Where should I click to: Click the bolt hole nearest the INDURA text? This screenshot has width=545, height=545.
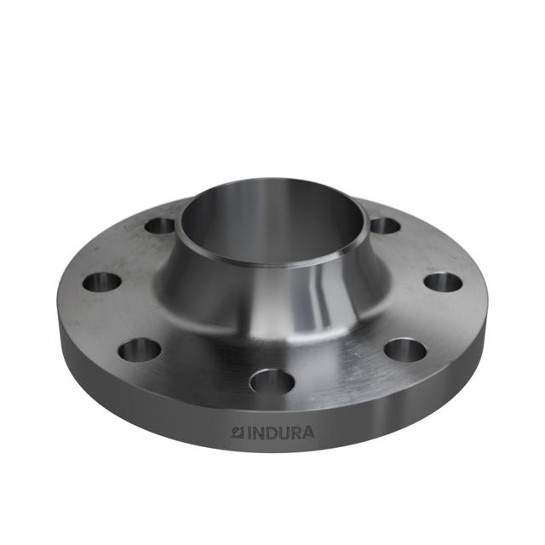[272, 381]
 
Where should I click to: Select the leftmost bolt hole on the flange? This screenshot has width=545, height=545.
[101, 282]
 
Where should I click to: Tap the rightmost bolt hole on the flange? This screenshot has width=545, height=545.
[443, 282]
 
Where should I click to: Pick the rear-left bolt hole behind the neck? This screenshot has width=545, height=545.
[159, 226]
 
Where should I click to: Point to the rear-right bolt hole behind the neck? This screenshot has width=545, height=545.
[385, 226]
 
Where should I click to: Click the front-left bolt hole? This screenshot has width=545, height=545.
[139, 348]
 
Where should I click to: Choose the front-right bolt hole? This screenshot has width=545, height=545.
[404, 349]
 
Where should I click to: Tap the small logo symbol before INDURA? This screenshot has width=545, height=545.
[238, 432]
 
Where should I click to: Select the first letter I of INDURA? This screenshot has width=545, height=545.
[249, 432]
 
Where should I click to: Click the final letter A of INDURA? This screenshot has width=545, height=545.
[307, 432]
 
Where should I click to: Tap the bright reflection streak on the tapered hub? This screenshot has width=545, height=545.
[326, 294]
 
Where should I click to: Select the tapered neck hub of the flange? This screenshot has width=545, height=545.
[247, 294]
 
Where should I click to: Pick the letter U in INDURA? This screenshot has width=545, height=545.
[283, 432]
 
